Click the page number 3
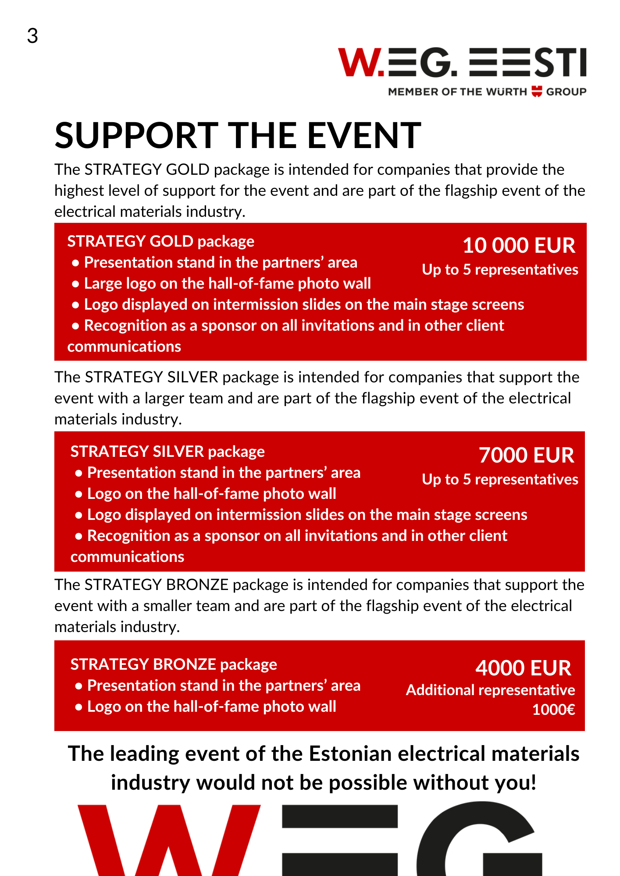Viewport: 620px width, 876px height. tap(32, 36)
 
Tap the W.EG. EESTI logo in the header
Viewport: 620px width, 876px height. tap(462, 63)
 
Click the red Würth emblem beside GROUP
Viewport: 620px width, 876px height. tap(537, 92)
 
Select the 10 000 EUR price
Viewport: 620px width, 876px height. tap(519, 245)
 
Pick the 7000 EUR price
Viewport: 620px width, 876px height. tap(526, 455)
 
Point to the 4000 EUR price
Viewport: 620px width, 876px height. tap(523, 668)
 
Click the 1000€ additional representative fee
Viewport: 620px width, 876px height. tap(553, 710)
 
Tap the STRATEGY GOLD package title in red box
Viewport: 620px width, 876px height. tap(160, 241)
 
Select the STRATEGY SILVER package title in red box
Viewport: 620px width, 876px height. tap(167, 452)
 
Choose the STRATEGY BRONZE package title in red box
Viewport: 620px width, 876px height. tap(174, 664)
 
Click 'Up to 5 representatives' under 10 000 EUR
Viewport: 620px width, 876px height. tap(500, 270)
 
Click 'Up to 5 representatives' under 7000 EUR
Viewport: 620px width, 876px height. tap(500, 480)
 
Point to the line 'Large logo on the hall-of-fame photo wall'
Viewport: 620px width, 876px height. tap(227, 283)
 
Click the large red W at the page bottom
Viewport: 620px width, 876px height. tap(169, 841)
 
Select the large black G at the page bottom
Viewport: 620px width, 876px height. tap(478, 841)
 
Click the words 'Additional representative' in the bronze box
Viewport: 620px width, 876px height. tap(490, 690)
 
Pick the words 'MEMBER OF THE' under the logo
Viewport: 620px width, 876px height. tap(435, 92)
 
